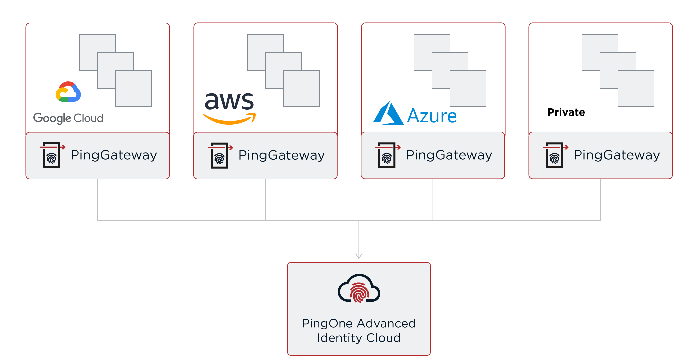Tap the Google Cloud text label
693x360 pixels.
(68, 118)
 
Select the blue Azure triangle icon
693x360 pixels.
(388, 114)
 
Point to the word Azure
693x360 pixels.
(432, 116)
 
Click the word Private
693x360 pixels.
(566, 112)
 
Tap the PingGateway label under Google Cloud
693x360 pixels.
(114, 155)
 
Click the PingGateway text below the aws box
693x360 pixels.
(281, 155)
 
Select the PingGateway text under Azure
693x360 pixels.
(449, 155)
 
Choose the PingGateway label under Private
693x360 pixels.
(617, 155)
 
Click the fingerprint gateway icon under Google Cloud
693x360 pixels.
(52, 155)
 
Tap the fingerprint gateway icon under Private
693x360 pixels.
(555, 155)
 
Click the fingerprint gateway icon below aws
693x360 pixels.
(219, 156)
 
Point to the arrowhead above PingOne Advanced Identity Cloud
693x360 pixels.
(359, 256)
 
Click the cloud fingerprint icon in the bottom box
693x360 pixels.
(359, 289)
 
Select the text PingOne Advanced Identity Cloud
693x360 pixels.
(359, 330)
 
